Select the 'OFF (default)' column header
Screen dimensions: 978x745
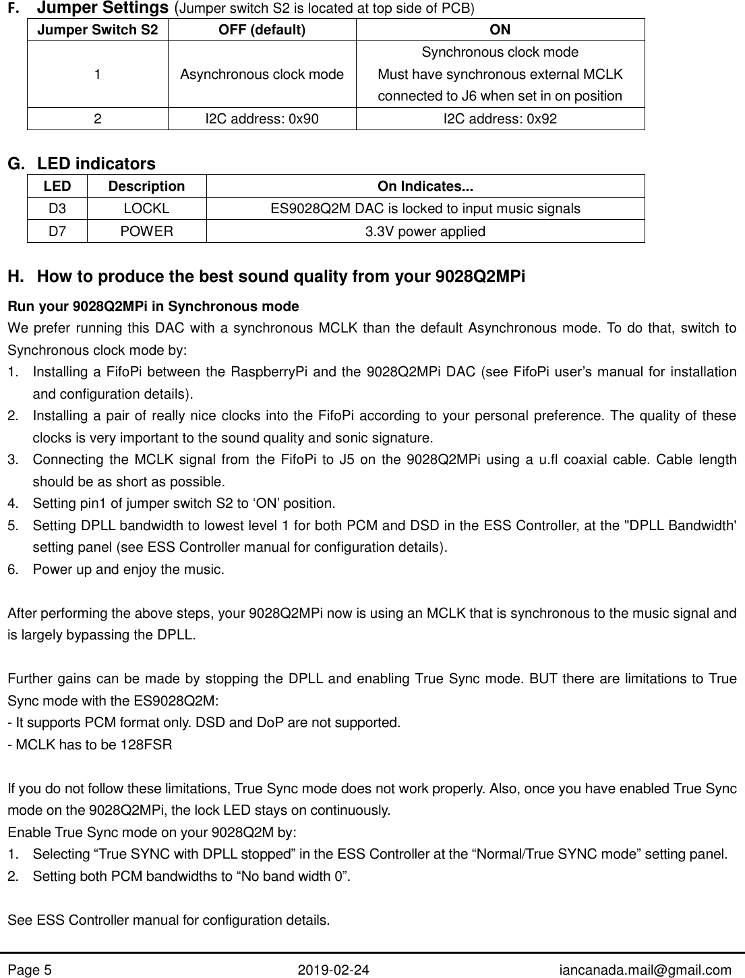pyautogui.click(x=261, y=30)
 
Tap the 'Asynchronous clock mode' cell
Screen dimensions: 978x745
pyautogui.click(x=261, y=74)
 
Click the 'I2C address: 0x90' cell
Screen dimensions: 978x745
pyautogui.click(x=261, y=119)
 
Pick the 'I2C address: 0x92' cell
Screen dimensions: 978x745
pyautogui.click(x=500, y=119)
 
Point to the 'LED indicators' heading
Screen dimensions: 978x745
pyautogui.click(x=96, y=164)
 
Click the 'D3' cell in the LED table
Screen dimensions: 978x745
pyautogui.click(x=57, y=209)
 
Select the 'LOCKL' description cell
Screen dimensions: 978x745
pyautogui.click(x=146, y=209)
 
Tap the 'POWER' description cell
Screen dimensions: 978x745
pyautogui.click(x=146, y=231)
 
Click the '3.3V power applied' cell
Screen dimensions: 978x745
pyautogui.click(x=425, y=231)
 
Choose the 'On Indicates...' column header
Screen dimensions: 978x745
pyautogui.click(x=425, y=186)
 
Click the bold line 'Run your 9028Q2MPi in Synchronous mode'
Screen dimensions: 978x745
pyautogui.click(x=153, y=307)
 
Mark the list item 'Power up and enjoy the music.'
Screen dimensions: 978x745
pyautogui.click(x=128, y=569)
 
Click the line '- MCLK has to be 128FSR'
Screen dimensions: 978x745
pyautogui.click(x=90, y=745)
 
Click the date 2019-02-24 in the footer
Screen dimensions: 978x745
pyautogui.click(x=333, y=970)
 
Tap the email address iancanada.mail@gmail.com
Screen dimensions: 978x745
pyautogui.click(x=645, y=970)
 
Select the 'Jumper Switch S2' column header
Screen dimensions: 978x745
pyautogui.click(x=98, y=30)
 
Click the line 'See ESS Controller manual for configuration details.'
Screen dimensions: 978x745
pyautogui.click(x=169, y=920)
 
